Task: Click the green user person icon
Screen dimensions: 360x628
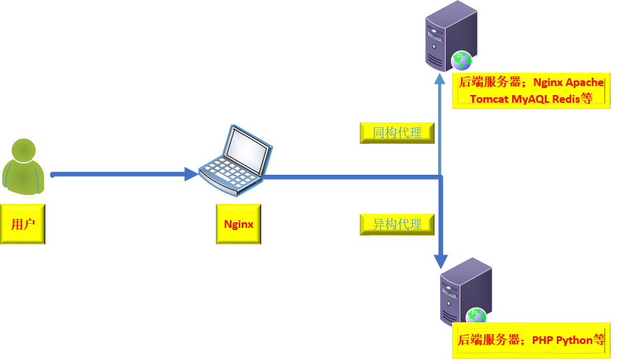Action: [24, 166]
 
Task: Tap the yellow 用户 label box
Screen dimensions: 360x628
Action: [22, 224]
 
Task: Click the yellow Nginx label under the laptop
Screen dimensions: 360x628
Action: [238, 224]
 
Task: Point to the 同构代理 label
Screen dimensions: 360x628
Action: [397, 133]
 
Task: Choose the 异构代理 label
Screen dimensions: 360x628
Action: [397, 224]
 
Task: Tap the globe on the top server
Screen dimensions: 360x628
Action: [462, 61]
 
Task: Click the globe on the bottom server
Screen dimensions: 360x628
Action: [477, 317]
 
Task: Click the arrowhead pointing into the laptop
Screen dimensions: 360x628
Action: [191, 175]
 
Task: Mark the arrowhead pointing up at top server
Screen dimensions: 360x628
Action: [440, 77]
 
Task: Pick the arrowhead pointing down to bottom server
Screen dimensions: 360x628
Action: [440, 261]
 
